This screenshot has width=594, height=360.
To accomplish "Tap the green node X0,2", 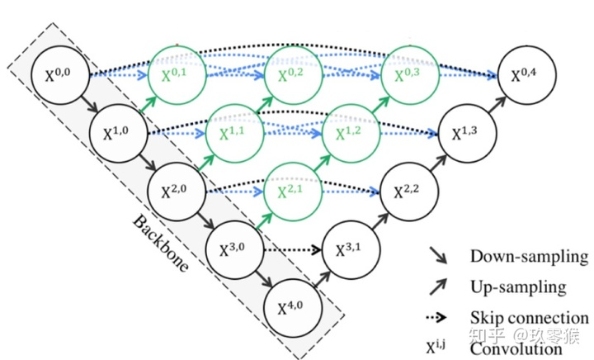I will pos(290,74).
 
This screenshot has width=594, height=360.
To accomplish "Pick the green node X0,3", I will pos(407,74).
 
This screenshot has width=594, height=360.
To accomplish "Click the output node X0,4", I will pos(523,76).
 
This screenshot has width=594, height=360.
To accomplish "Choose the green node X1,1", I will pos(233,132).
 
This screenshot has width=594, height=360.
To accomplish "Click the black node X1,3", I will pos(464,132).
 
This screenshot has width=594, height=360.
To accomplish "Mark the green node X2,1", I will pos(290,191).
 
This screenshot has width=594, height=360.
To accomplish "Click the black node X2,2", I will pos(407,191).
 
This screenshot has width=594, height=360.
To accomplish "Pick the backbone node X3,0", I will pos(233,249).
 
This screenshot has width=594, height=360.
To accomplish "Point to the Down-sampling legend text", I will pos(529,257).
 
